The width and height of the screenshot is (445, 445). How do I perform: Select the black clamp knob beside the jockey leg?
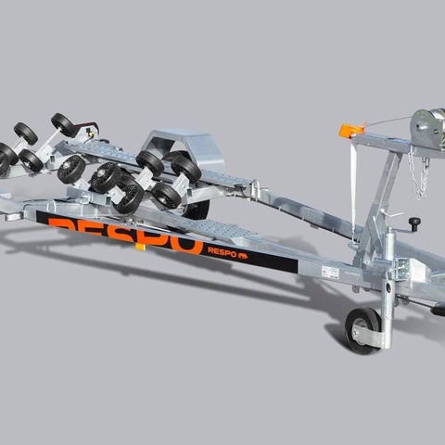pyautogui.click(x=414, y=222)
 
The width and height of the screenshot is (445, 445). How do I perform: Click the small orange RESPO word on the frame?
pyautogui.click(x=222, y=251)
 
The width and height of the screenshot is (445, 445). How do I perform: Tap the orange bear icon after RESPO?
pyautogui.click(x=243, y=256)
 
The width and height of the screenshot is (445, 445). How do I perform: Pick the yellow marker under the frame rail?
pyautogui.click(x=140, y=247)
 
